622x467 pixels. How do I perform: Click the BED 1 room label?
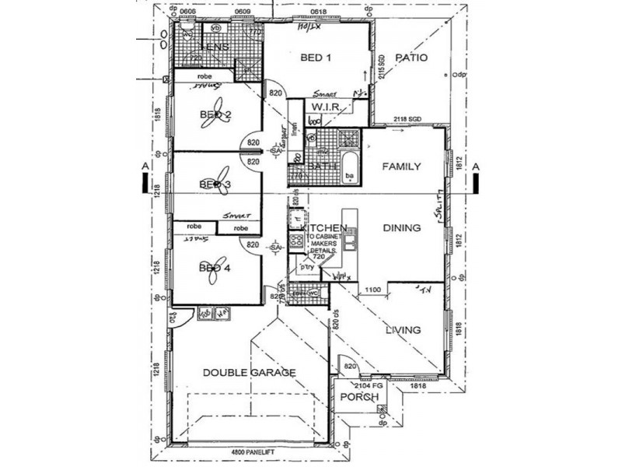pos(316,58)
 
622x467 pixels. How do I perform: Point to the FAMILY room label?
pos(401,167)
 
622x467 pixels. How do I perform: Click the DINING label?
pos(401,228)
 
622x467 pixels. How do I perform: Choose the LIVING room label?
pos(403,330)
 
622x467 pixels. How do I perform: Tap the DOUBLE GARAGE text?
pos(249,373)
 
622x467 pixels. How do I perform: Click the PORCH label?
pos(359,397)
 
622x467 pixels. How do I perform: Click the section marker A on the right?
pos(476,167)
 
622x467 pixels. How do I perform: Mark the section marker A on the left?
pos(143,167)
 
